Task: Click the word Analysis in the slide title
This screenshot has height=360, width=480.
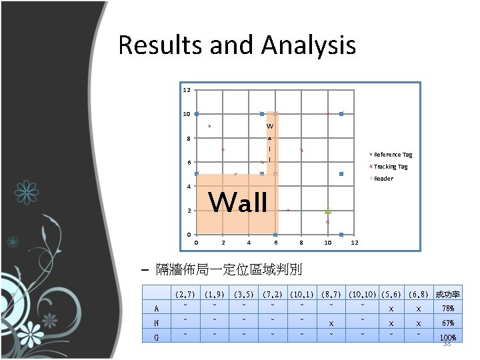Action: (x=309, y=46)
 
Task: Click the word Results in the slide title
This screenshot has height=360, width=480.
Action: (x=160, y=46)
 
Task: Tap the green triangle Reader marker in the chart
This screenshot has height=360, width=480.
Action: (x=327, y=210)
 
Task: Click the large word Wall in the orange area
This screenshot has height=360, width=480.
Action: (x=239, y=202)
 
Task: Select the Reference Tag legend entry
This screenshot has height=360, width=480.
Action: (x=392, y=155)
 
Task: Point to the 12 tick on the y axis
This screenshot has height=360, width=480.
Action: (x=187, y=89)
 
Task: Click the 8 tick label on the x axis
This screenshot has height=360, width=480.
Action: (x=301, y=243)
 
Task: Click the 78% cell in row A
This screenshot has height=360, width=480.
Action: (x=448, y=308)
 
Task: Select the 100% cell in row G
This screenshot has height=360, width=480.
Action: (x=448, y=337)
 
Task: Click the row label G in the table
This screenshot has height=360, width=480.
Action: (x=156, y=337)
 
